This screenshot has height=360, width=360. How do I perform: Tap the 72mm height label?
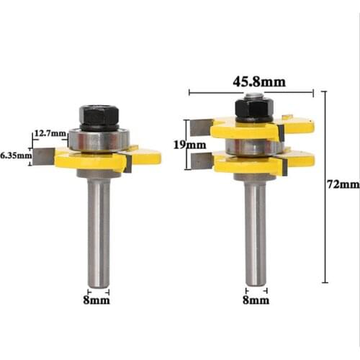tap(342, 185)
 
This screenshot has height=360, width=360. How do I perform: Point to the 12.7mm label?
tap(50, 133)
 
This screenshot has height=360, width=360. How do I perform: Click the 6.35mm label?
tap(16, 154)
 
